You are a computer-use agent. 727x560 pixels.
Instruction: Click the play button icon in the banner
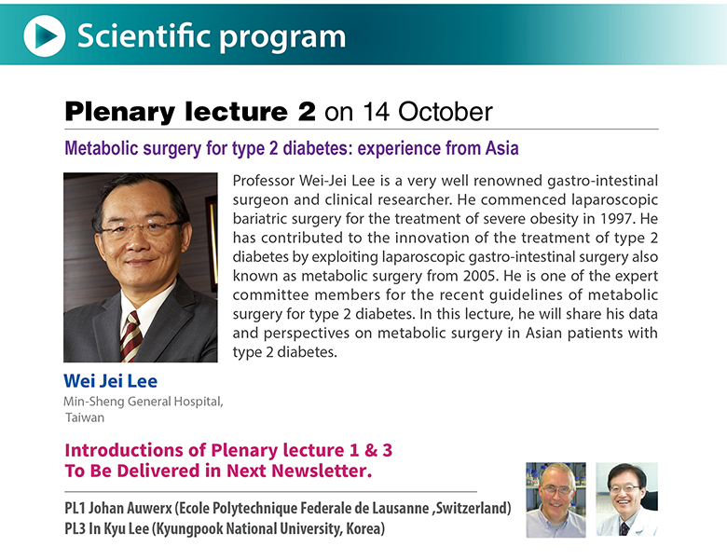[45, 35]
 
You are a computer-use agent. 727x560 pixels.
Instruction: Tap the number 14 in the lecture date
[376, 112]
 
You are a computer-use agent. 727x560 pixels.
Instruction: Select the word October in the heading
[446, 112]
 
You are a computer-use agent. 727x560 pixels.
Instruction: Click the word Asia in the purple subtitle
[502, 148]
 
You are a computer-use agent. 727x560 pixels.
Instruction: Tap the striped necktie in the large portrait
[131, 336]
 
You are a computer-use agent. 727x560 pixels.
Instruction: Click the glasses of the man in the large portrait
[139, 228]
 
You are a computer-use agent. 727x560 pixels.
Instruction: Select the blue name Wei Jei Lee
[110, 381]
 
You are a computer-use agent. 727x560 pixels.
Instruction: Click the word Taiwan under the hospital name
[85, 417]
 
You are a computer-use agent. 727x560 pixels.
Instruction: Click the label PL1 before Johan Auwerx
[75, 508]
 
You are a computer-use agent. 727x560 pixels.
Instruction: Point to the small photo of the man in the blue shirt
[556, 499]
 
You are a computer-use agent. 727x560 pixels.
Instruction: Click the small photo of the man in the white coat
[626, 499]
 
